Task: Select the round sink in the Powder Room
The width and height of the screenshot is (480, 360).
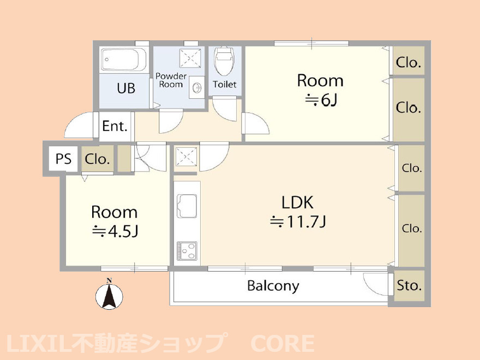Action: pos(196,87)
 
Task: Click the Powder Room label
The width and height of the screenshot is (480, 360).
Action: pos(171,80)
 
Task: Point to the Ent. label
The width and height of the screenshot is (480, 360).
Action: pos(115,127)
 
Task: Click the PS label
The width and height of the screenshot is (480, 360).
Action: pos(63,159)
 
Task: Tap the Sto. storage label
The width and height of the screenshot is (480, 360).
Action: pos(409,285)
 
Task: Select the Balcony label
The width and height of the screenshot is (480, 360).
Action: pos(273,286)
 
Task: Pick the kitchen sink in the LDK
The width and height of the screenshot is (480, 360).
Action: pos(187,207)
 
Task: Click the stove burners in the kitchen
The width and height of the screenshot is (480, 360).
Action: pos(187,251)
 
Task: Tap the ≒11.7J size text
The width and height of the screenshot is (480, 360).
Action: pos(298,222)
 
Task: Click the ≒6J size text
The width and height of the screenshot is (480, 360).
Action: pos(320,100)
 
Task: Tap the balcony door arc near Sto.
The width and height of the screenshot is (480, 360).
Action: pos(376,283)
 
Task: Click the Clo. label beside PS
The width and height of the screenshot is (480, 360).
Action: pos(98,160)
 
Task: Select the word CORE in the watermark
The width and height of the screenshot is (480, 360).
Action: pos(282,344)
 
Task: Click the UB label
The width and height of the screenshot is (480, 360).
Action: pos(126,88)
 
